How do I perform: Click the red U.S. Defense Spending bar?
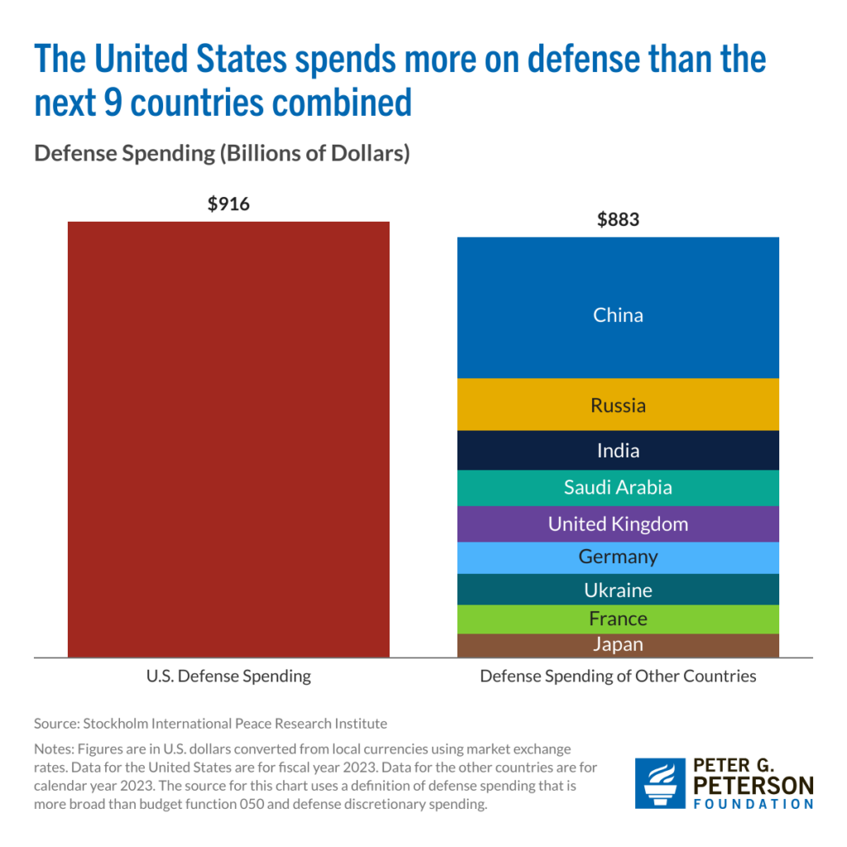[x=228, y=438]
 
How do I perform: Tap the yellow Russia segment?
[x=618, y=404]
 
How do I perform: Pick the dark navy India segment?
[x=618, y=450]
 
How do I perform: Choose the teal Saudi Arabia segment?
[x=618, y=487]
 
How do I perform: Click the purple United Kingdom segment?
[x=618, y=524]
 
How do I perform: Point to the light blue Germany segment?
[x=618, y=557]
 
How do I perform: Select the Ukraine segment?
[x=618, y=590]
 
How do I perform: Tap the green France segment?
[x=618, y=619]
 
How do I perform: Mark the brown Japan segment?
[x=618, y=645]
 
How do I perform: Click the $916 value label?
[x=228, y=203]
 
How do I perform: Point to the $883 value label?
[x=618, y=220]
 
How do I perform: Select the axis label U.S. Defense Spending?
[x=228, y=676]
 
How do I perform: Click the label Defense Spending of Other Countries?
[x=618, y=676]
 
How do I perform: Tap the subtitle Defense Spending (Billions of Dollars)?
[x=222, y=154]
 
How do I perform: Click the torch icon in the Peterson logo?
[x=659, y=782]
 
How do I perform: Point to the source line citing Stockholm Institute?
[x=210, y=723]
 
